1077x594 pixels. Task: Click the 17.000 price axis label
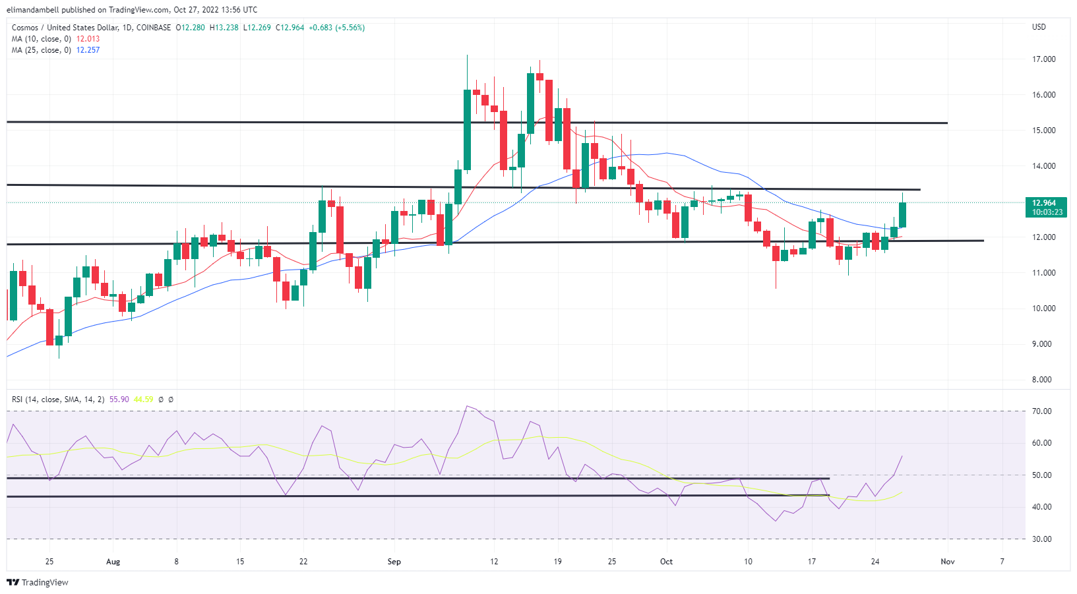(x=1043, y=59)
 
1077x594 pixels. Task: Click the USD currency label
(x=1039, y=27)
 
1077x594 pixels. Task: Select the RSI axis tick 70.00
(x=1042, y=411)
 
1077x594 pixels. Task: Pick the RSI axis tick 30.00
(x=1042, y=539)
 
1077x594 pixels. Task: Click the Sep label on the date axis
(x=394, y=562)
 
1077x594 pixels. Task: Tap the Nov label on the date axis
(x=947, y=562)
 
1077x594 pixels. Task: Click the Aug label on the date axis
(x=113, y=562)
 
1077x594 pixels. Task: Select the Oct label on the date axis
(x=666, y=562)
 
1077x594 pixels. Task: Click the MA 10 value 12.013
(x=88, y=39)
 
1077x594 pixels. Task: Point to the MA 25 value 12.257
(x=88, y=50)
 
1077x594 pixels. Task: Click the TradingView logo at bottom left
(x=38, y=583)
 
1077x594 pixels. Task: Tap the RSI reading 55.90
(x=119, y=400)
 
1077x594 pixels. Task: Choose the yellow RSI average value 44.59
(x=143, y=400)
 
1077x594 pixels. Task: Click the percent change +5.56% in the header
(x=350, y=28)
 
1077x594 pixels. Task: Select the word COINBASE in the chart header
(x=154, y=28)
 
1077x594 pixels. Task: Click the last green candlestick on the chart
(x=902, y=215)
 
